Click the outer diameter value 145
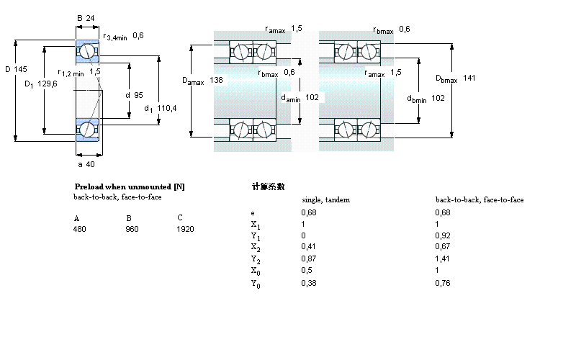tap(21, 70)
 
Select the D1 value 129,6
tap(48, 84)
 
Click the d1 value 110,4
tap(167, 109)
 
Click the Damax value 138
tap(216, 81)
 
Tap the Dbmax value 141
tap(469, 78)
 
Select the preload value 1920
tap(186, 229)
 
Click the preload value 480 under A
tap(79, 229)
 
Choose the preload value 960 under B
tap(132, 229)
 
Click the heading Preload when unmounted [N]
tap(130, 186)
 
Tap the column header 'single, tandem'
tap(325, 199)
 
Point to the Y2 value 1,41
tap(444, 258)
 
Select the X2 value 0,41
tap(308, 246)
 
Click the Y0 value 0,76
tap(444, 283)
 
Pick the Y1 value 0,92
tap(444, 235)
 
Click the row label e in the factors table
tap(252, 212)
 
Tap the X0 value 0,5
tap(306, 270)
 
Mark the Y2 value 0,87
tap(308, 258)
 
